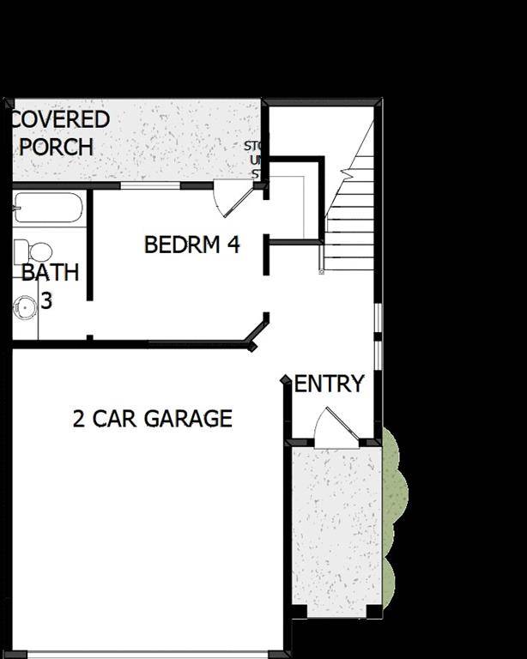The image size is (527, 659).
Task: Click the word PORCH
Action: click(57, 147)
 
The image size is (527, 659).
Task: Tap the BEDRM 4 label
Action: click(191, 245)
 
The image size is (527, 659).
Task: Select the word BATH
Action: click(50, 273)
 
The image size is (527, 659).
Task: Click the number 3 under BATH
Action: click(46, 301)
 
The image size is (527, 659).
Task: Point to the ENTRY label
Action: click(330, 384)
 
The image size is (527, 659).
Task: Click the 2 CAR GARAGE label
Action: click(152, 419)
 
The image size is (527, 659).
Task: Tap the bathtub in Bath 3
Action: click(49, 208)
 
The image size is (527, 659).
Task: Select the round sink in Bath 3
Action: click(25, 305)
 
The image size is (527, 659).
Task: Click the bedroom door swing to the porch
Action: click(232, 196)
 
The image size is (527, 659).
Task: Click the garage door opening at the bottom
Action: click(146, 654)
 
